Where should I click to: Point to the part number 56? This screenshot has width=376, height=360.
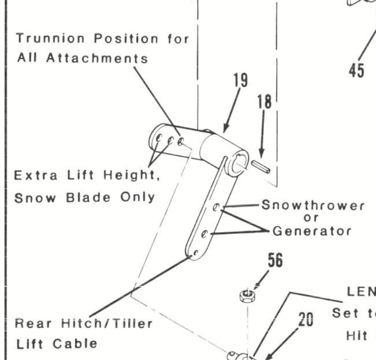(x=275, y=261)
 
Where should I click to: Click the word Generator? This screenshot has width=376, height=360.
(x=312, y=231)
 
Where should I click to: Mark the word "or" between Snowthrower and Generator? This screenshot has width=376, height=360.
(x=311, y=218)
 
